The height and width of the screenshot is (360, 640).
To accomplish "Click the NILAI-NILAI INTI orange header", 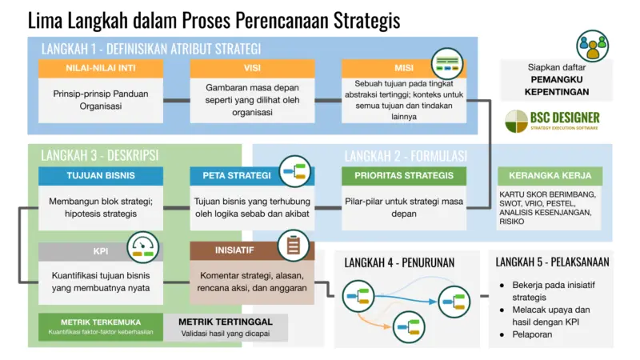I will click(x=99, y=69).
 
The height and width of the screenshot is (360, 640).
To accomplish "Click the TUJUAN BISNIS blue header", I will click(x=99, y=176).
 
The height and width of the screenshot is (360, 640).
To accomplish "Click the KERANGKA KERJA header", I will click(x=550, y=176).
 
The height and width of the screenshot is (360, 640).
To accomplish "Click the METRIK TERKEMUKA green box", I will click(x=99, y=326).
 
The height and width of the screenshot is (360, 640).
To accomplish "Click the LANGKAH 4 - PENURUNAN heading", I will click(x=401, y=262).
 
